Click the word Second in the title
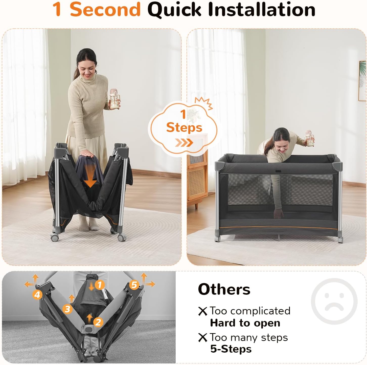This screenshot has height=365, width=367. [x=105, y=9]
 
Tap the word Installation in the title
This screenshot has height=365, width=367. [x=262, y=9]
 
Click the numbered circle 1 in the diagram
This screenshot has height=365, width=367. [x=100, y=285]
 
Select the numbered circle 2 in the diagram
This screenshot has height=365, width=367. [x=98, y=322]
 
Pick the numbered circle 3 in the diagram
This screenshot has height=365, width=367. [x=67, y=309]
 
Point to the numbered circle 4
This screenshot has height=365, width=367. [x=37, y=295]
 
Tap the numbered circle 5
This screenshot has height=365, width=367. [x=134, y=285]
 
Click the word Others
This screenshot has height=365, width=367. [x=224, y=289]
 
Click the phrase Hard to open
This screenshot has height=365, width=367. [x=245, y=323]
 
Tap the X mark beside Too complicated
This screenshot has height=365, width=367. [x=202, y=311]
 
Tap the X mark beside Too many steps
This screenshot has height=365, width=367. [x=202, y=337]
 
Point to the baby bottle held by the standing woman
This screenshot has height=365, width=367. [x=114, y=100]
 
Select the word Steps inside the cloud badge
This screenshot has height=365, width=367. [x=184, y=127]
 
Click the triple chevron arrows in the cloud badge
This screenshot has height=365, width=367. [x=184, y=143]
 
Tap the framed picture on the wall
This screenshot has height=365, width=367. [x=362, y=81]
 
